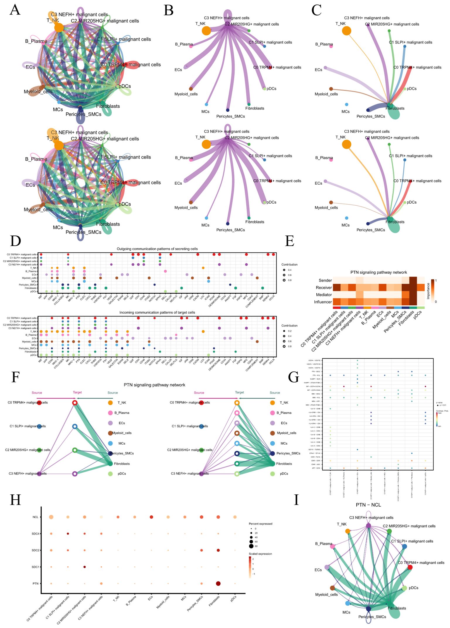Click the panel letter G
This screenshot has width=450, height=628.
294,377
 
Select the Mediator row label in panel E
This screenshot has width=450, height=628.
324,295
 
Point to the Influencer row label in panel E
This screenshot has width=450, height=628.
323,302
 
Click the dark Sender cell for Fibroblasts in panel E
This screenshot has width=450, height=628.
413,280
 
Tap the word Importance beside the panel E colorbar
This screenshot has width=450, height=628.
428,291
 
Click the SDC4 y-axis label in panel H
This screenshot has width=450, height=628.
35,534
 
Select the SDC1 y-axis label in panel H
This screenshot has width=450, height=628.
35,567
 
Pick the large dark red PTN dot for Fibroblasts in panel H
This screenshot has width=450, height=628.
218,584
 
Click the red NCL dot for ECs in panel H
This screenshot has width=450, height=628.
151,517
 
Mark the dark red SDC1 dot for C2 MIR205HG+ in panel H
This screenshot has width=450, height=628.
84,567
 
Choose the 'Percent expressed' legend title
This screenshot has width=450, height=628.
260,524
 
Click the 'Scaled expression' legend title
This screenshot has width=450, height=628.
260,554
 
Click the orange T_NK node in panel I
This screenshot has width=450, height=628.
347,531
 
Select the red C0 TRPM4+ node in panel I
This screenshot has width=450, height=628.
410,567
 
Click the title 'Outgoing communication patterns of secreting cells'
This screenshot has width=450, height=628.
157,249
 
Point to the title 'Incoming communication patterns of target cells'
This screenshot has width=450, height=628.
157,312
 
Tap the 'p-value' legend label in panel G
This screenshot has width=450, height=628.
439,403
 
